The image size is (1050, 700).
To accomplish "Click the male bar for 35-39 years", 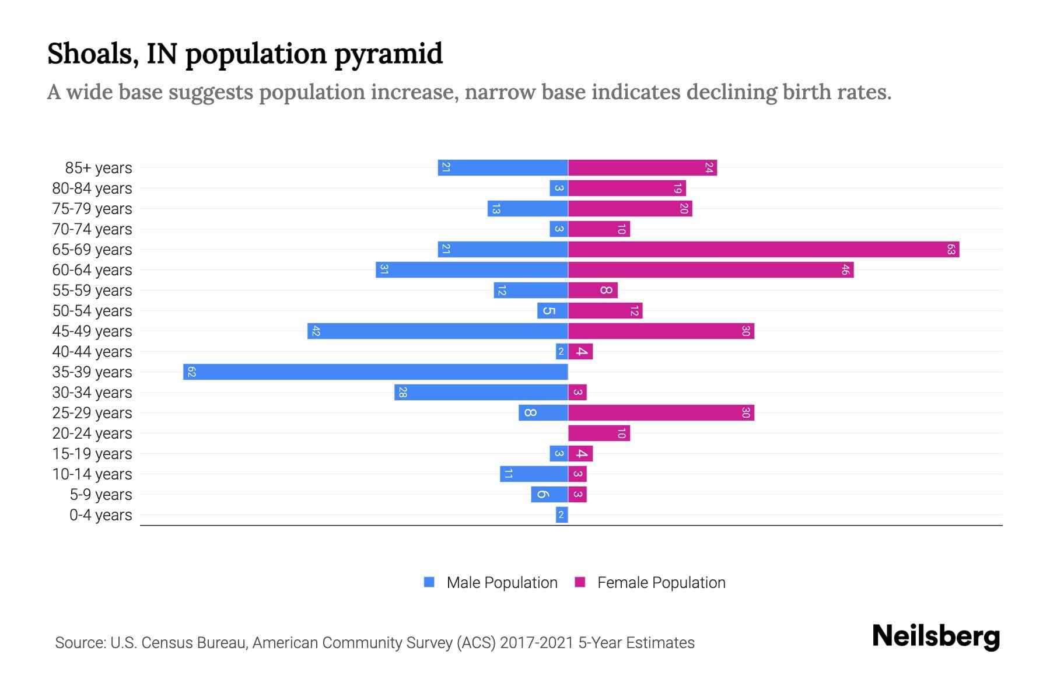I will (375, 372).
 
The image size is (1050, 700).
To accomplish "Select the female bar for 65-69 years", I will (764, 250).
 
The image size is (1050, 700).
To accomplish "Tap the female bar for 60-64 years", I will (710, 270).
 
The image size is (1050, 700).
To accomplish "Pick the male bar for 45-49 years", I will (437, 331).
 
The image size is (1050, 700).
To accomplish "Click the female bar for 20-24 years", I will (599, 433).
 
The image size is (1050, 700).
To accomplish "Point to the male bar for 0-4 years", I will (562, 515).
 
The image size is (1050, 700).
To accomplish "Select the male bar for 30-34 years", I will (481, 393).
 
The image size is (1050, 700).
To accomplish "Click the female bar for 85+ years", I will (642, 168).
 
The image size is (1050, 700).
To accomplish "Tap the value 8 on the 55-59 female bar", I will (606, 290).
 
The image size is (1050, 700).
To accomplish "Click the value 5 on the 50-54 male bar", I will (548, 311).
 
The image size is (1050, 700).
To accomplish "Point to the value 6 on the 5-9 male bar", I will (542, 495).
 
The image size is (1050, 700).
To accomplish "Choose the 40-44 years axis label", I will (92, 352).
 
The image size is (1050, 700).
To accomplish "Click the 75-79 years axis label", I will (92, 209).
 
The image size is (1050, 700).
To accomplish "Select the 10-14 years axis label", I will (92, 474).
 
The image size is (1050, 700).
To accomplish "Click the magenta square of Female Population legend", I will (580, 582).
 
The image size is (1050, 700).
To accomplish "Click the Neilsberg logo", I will (936, 636).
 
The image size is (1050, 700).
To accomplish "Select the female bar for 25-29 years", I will (661, 413).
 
